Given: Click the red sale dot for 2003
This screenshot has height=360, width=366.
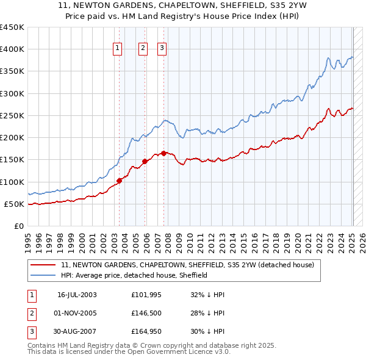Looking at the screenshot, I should (x=120, y=181).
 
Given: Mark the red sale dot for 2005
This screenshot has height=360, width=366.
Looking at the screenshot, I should (x=145, y=161).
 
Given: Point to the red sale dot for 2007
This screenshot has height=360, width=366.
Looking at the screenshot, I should (x=164, y=153).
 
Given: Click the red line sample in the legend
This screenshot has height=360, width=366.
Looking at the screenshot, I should (x=44, y=265).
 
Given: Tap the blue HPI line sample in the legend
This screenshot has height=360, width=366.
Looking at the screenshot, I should (x=44, y=276).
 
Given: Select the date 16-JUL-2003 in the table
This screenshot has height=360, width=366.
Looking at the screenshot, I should (x=77, y=295).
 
